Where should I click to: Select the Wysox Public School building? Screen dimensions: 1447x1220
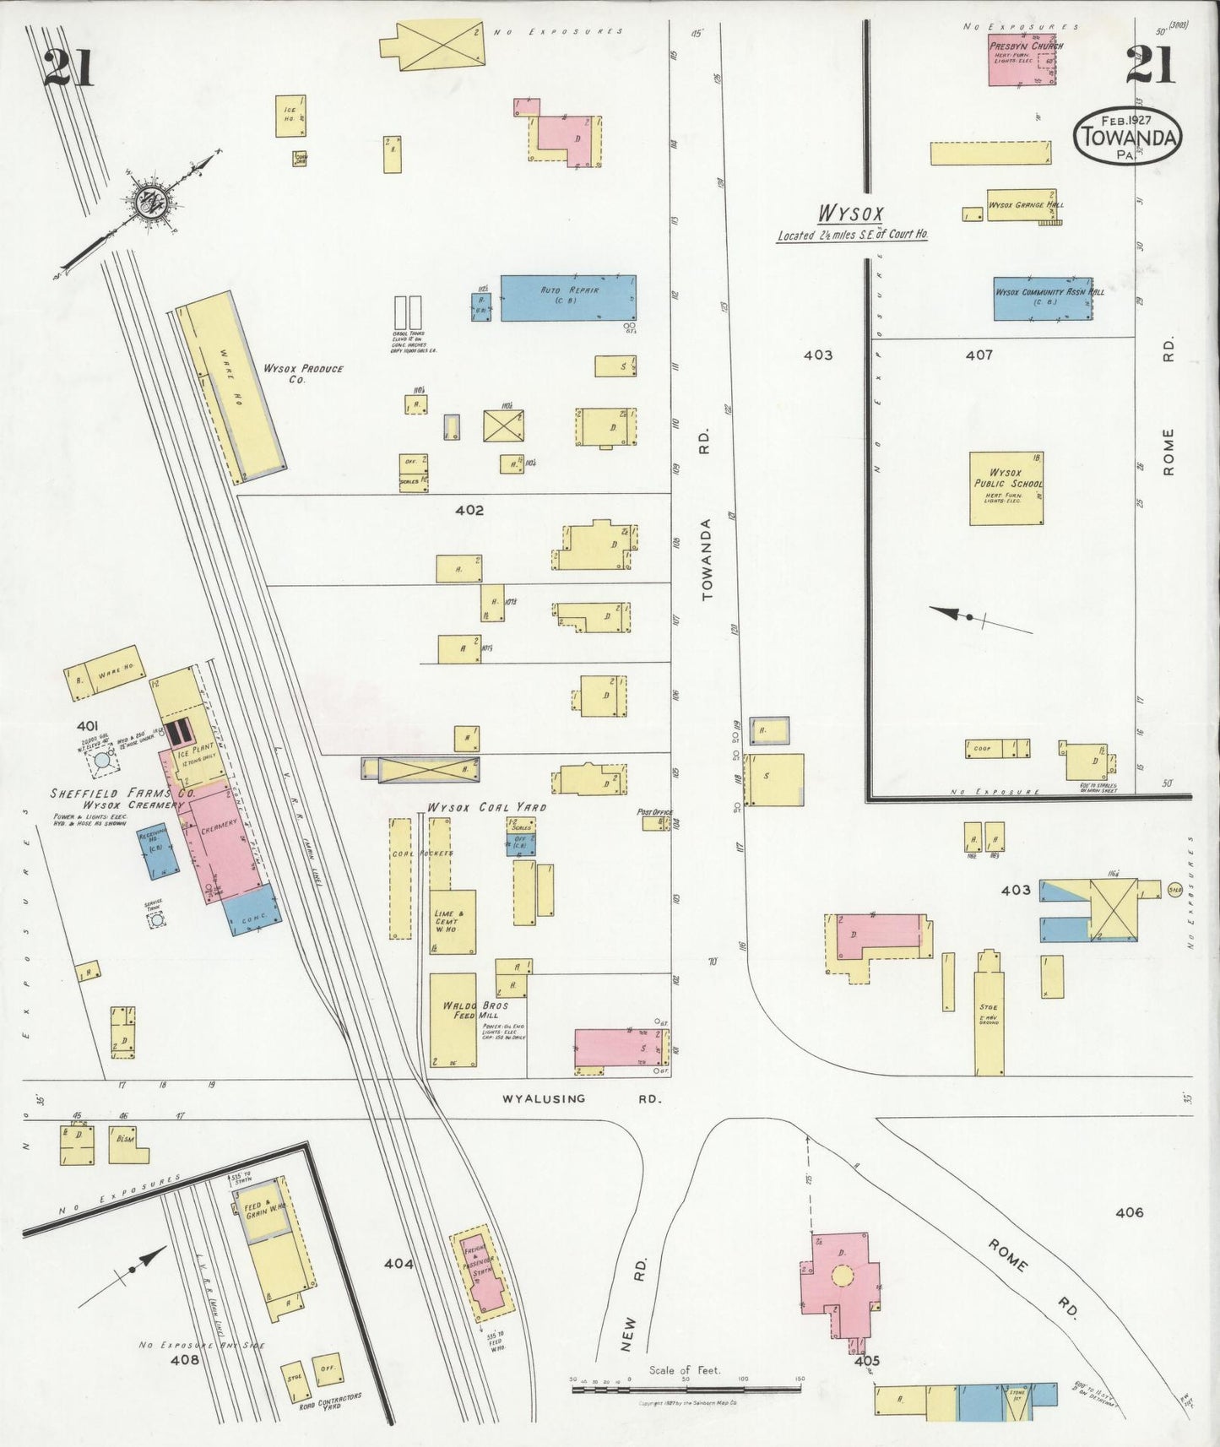1006,489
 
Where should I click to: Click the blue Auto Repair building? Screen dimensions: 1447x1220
567,298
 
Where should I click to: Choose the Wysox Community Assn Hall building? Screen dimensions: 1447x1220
1043,298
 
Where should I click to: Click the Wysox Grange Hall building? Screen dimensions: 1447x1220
1022,205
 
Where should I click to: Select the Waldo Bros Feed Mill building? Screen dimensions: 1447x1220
453,1020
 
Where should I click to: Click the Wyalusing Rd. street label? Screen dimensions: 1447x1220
582,1099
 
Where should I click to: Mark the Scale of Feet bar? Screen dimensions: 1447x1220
686,1387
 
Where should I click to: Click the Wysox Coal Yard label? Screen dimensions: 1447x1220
486,807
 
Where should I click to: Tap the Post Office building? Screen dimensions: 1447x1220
654,821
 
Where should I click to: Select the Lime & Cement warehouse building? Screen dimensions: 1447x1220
452,921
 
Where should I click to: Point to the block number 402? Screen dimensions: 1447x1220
469,510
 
